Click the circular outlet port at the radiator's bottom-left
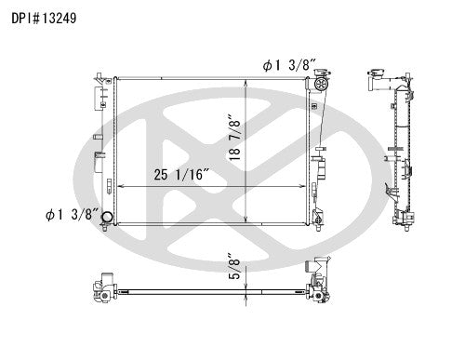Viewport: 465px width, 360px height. pos(107,220)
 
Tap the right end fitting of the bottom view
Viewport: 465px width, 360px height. pos(316,283)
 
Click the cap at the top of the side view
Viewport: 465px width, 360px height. pos(377,73)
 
